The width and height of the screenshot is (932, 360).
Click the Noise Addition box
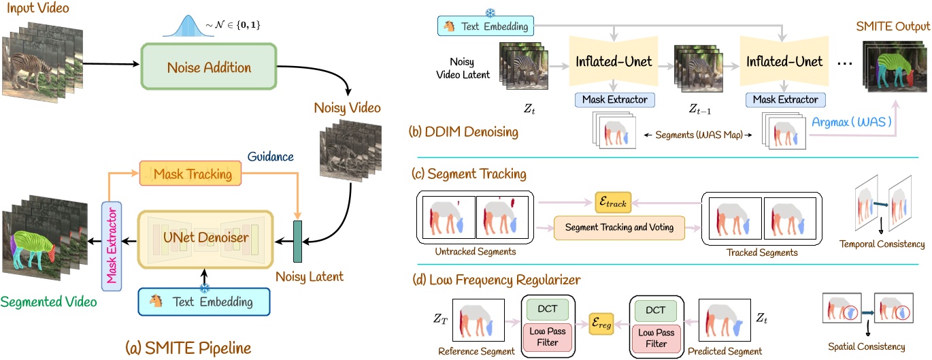click(209, 67)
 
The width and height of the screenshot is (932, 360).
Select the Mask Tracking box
click(190, 174)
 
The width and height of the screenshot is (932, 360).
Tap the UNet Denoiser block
click(205, 240)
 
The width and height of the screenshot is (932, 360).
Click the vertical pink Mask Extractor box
click(112, 246)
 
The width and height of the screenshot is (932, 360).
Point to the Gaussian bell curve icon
click(188, 26)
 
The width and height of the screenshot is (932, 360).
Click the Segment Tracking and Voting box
click(619, 227)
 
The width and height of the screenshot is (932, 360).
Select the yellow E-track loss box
click(613, 202)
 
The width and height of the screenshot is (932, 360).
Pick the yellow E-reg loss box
click(601, 323)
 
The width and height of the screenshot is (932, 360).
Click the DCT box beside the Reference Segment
click(547, 309)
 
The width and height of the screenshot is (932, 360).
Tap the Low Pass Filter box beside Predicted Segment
click(656, 338)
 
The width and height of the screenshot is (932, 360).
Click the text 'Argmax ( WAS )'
click(851, 122)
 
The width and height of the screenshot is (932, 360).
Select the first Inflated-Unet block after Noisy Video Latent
click(614, 61)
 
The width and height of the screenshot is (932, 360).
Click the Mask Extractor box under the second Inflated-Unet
click(786, 100)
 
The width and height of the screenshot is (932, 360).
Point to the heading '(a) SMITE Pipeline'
click(188, 348)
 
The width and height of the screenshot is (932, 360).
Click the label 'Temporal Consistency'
click(882, 244)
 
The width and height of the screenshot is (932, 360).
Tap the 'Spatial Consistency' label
click(866, 346)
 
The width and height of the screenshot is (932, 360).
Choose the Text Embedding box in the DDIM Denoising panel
click(486, 26)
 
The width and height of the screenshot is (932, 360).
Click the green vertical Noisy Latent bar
click(297, 242)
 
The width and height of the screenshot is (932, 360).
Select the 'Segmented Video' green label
click(48, 301)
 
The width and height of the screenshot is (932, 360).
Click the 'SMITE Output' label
click(893, 27)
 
